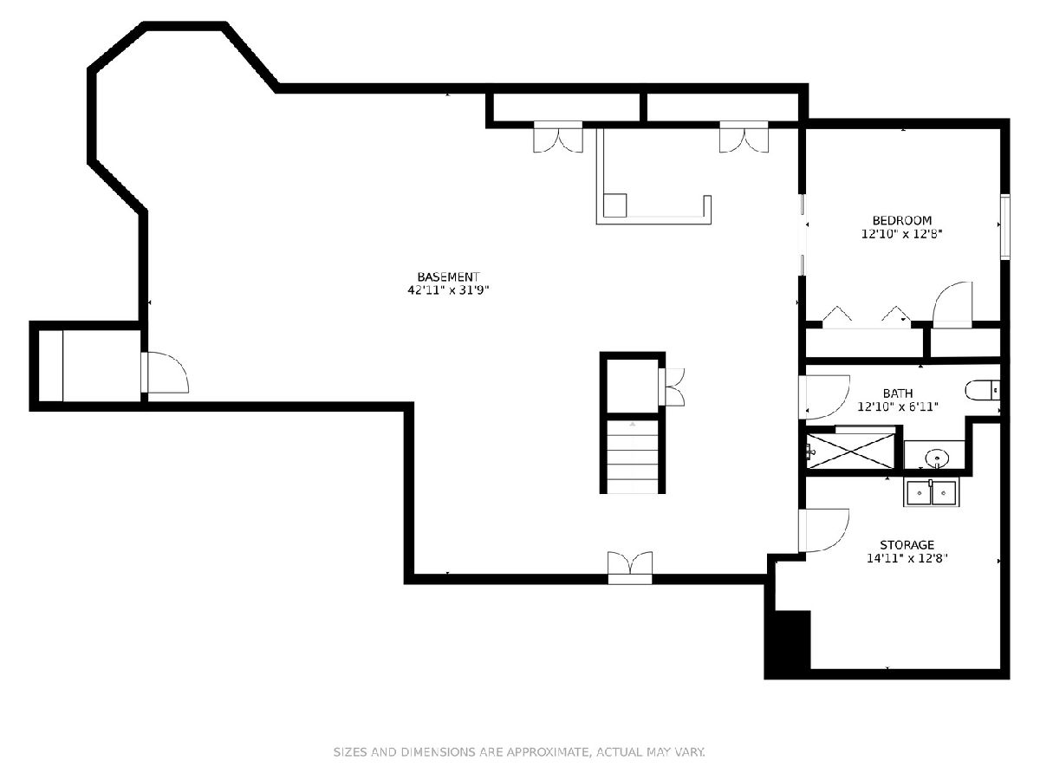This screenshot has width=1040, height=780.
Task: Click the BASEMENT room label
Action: coord(448,276)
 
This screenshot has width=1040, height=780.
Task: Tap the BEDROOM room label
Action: coord(901,220)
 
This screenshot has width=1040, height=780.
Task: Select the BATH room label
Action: coord(898,393)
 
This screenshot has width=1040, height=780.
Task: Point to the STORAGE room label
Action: coord(907,544)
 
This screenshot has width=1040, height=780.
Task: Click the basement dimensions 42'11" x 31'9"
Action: coord(448,289)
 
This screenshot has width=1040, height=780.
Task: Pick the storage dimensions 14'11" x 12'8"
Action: coord(907,558)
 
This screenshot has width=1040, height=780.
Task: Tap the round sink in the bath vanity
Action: coord(937,458)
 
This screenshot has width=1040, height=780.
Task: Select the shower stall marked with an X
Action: coord(850,451)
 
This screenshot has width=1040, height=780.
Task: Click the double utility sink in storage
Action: coord(932,492)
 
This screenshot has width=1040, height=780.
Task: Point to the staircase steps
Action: coord(632,457)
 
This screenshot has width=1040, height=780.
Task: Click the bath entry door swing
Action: coord(824,397)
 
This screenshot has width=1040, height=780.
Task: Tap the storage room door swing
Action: coord(823,530)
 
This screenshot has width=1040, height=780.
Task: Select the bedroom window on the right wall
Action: coord(1005,226)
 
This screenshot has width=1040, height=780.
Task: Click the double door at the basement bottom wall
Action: coord(630,568)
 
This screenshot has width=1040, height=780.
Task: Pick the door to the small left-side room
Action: coord(165,373)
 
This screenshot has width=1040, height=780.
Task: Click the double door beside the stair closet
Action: coord(672,387)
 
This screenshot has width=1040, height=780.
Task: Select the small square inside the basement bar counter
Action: coord(615,205)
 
